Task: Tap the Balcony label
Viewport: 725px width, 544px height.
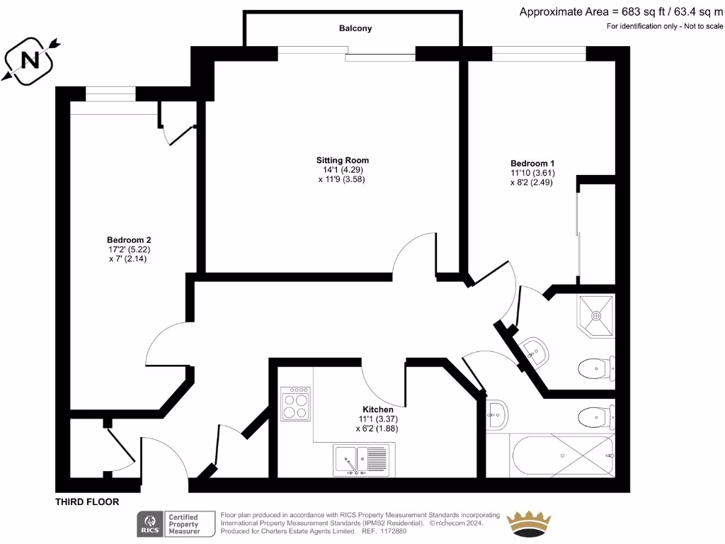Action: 355,28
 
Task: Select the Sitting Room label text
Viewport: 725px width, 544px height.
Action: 343,160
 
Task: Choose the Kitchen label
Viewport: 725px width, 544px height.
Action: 378,409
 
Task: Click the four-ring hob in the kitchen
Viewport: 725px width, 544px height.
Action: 295,404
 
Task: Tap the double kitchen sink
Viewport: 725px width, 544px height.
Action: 361,460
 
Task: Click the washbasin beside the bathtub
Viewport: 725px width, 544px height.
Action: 497,413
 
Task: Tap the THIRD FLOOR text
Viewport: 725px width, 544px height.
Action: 87,501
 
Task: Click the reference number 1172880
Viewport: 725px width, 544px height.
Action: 394,531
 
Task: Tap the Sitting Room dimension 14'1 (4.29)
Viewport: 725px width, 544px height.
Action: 343,170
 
